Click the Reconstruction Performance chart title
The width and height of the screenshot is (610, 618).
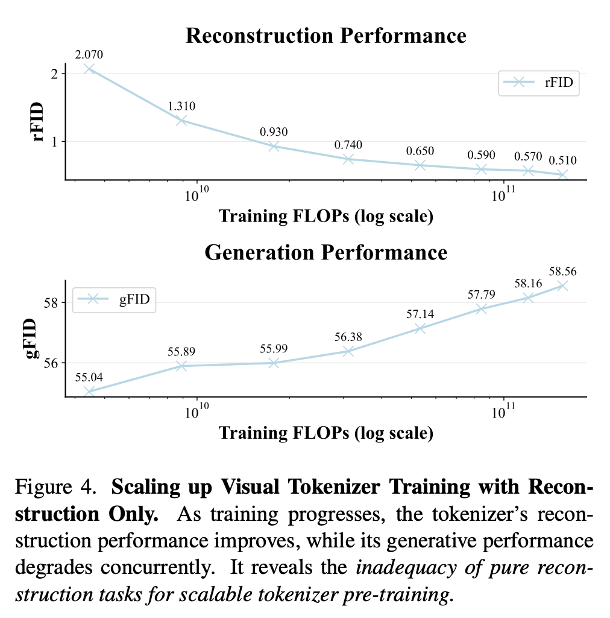[x=326, y=36]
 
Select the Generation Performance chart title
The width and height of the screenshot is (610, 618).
[x=326, y=252]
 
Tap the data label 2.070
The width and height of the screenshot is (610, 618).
[x=89, y=54]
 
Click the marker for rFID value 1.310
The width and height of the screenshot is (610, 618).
[x=181, y=120]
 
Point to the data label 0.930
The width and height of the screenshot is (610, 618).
[x=274, y=132]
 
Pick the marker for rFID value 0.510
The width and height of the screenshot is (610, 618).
[x=562, y=174]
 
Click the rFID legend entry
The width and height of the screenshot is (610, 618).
[x=539, y=82]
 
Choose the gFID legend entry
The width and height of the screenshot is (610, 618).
[x=114, y=299]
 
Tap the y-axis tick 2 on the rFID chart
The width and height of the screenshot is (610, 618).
[x=54, y=74]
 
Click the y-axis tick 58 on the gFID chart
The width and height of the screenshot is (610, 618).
[x=51, y=303]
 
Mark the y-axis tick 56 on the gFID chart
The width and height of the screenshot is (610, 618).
[x=51, y=363]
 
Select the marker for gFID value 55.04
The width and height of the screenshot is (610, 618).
[x=89, y=391]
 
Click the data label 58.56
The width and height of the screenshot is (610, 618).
[x=562, y=271]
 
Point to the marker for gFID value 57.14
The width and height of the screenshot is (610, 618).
[x=420, y=328]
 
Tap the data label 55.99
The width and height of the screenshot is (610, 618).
[x=274, y=348]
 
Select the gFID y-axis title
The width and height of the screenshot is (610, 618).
[x=31, y=339]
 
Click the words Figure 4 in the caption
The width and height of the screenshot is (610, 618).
[x=55, y=487]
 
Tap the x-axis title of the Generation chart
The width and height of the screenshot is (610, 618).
[x=326, y=433]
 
